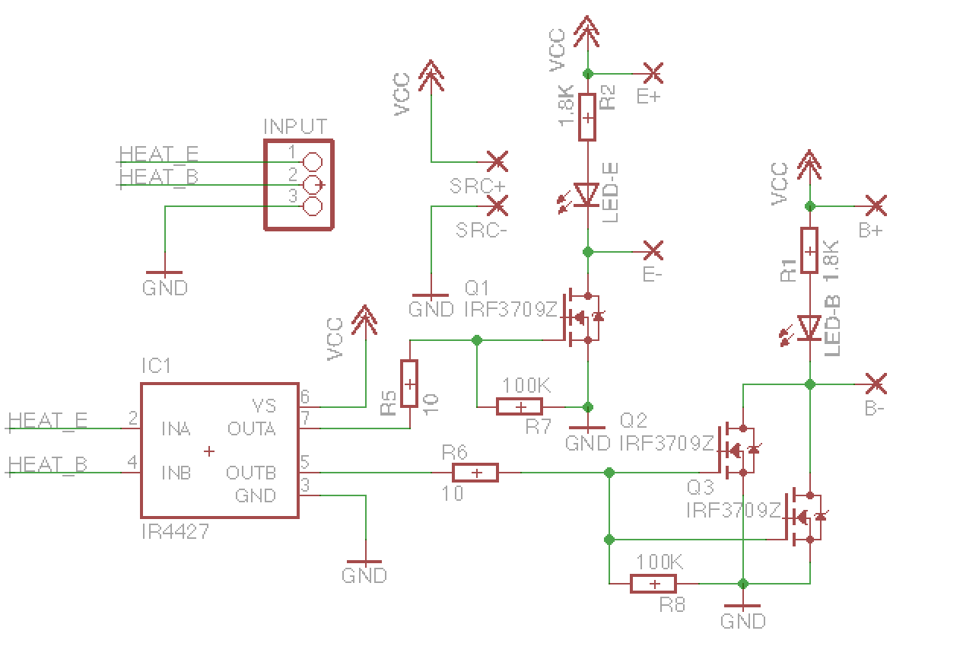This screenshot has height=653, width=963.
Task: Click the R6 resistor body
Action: pos(475,473)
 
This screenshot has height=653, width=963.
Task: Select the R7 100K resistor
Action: pos(520,406)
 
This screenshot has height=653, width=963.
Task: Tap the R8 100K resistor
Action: pos(653,584)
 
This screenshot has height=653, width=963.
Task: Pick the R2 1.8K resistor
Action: pos(587,117)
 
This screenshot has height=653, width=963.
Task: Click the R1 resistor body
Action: pos(809,250)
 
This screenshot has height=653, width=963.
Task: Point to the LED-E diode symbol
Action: pos(586,195)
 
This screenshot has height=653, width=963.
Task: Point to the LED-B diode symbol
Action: pos(809,328)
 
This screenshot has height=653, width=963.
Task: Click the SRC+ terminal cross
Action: pos(497,161)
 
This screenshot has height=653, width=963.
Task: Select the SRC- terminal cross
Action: pos(497,205)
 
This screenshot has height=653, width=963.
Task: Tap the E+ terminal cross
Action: pos(653,73)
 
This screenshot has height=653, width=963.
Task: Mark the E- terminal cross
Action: pos(653,250)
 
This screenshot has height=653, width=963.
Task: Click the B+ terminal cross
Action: pos(876,205)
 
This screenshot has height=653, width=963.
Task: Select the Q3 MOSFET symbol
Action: pos(804,518)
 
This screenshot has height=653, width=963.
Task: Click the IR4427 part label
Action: pos(175,530)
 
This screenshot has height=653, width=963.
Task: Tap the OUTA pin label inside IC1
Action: pos(251,429)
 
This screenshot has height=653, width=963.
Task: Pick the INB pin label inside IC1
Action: pos(176,473)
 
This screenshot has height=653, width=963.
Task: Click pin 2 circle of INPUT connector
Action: pos(312,184)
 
